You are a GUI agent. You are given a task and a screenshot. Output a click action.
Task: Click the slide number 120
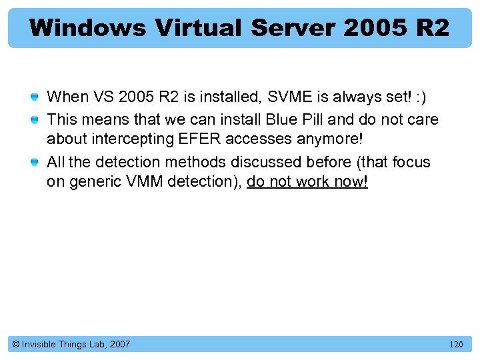tap(456, 345)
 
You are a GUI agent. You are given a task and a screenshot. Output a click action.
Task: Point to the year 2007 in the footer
tap(119, 344)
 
